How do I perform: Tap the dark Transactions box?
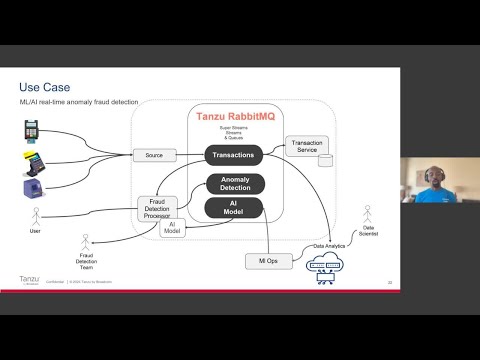coord(233,155)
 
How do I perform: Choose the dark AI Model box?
coord(233,207)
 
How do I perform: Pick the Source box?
coord(154,156)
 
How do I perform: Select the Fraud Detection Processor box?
coord(156,207)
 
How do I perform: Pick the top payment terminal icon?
coord(31,131)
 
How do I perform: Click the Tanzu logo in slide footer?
coord(29,281)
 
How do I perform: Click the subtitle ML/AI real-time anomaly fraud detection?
coord(78,102)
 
